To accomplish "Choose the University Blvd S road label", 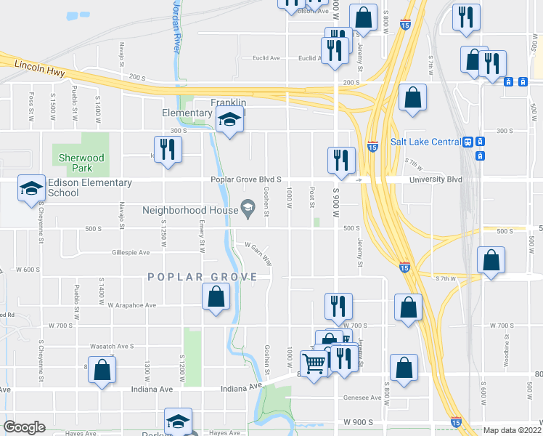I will (436, 179).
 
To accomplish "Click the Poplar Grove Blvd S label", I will (245, 179).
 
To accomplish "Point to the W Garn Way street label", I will (258, 252).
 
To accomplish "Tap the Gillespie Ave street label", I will (131, 253).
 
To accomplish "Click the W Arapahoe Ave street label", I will (132, 306).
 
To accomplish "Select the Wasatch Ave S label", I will (112, 346).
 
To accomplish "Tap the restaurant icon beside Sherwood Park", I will (168, 149).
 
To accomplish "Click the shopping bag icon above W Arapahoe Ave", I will (216, 296).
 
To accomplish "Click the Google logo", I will (25, 427).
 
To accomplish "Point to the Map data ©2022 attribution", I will (511, 430).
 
